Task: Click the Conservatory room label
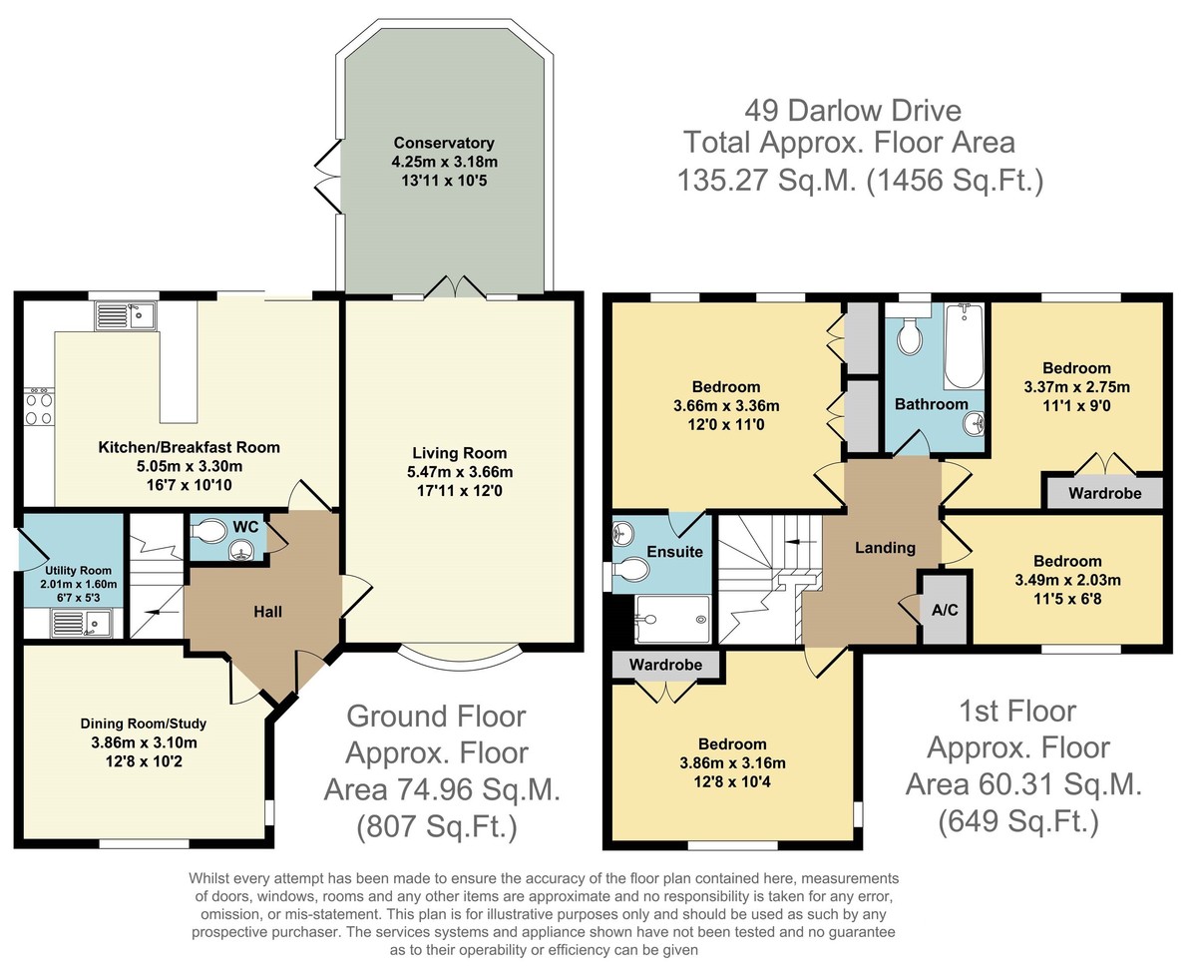444,143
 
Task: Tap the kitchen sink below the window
126,315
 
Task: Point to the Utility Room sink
82,623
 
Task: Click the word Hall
268,612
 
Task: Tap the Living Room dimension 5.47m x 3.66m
460,472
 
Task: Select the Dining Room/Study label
143,724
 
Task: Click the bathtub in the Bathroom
964,347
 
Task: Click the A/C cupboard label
945,610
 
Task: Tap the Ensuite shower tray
672,619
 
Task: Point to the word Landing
886,548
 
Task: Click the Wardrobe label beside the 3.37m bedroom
1105,493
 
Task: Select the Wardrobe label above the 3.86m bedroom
665,665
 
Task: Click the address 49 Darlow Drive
853,111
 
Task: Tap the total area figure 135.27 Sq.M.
767,181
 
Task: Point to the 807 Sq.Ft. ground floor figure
437,825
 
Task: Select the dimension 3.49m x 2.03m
1067,580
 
